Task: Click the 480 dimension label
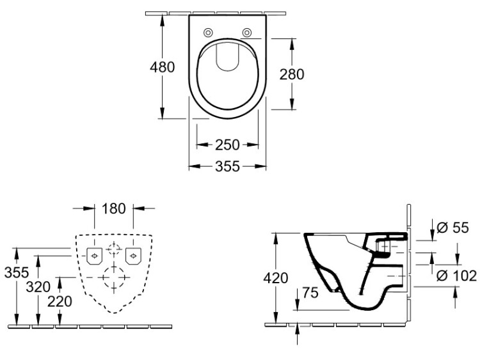163,67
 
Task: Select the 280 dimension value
292,74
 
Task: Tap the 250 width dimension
227,145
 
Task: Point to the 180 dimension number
113,208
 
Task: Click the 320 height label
38,287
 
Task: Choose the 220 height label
60,302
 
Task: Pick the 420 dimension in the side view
276,278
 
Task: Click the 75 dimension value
310,293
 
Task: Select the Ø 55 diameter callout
452,228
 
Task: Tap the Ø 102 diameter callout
456,276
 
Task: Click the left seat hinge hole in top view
208,32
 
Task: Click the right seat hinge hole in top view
247,32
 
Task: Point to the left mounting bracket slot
95,256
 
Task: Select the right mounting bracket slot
133,256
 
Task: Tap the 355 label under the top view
227,167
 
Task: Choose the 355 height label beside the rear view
17,272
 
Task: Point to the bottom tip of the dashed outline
113,313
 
